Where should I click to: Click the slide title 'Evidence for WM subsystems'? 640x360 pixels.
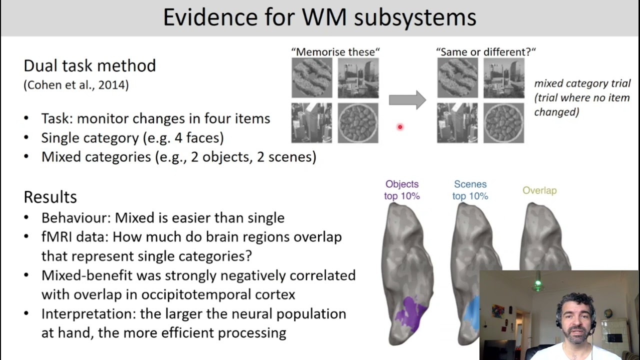(x=319, y=17)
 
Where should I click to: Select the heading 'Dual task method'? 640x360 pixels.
(x=90, y=65)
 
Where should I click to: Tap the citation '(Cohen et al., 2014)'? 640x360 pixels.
(x=76, y=85)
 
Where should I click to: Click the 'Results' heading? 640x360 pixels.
(x=50, y=196)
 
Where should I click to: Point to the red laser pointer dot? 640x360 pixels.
(x=400, y=127)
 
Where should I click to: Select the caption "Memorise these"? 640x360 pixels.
(x=335, y=51)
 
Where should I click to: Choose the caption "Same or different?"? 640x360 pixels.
(x=486, y=51)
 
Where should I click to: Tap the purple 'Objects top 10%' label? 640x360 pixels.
(x=402, y=190)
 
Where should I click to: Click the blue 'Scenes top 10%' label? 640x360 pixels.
(x=470, y=190)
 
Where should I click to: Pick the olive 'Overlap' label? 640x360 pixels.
(x=539, y=190)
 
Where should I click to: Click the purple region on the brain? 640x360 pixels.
(x=410, y=314)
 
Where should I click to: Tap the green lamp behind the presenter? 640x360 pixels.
(x=538, y=285)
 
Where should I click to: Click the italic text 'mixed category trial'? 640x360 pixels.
(x=582, y=83)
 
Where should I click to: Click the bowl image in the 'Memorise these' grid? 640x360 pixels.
(x=358, y=122)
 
